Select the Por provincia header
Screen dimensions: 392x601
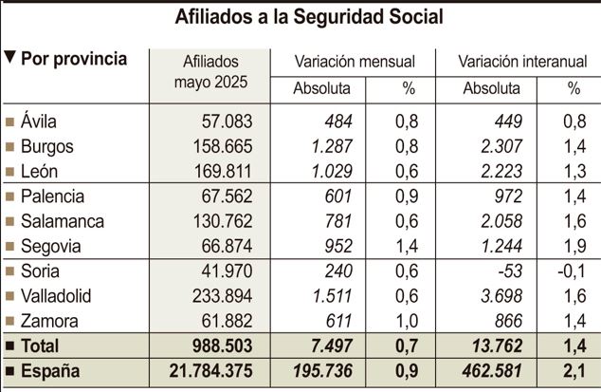[x=73, y=59]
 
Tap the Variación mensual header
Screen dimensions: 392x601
[x=355, y=61]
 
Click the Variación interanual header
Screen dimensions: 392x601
[x=519, y=61]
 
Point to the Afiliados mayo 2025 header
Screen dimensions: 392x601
[x=210, y=71]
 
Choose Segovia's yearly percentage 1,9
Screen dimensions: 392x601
[x=574, y=247]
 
